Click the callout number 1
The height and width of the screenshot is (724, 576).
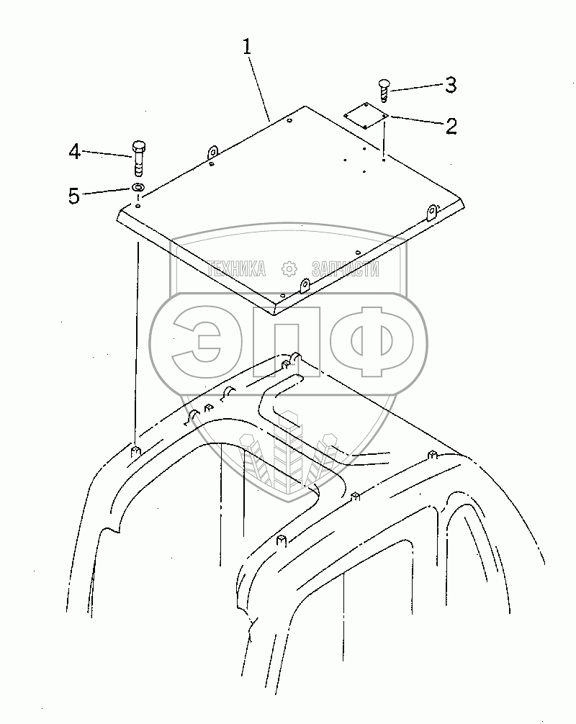pyautogui.click(x=247, y=48)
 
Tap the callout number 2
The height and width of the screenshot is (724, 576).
pyautogui.click(x=451, y=127)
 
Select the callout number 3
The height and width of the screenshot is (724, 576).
pyautogui.click(x=450, y=85)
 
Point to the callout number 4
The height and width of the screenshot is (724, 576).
pyautogui.click(x=74, y=152)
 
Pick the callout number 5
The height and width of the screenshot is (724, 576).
pyautogui.click(x=74, y=195)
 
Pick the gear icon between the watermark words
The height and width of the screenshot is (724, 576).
pyautogui.click(x=289, y=269)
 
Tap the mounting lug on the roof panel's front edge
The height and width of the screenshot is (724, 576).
pyautogui.click(x=305, y=286)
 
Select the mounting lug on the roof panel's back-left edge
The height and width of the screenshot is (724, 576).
pyautogui.click(x=212, y=153)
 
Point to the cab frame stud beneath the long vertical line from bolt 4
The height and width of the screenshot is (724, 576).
pyautogui.click(x=135, y=452)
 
